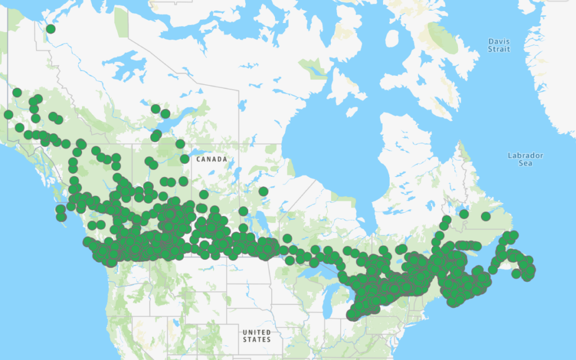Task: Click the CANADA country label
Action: (212, 159)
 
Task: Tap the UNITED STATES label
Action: (256, 336)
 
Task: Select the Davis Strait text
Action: (499, 46)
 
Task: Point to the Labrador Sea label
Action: (525, 159)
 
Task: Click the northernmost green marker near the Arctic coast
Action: (51, 29)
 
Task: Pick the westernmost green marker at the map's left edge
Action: (8, 115)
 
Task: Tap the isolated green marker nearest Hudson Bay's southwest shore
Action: (263, 191)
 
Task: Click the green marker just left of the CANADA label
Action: (184, 159)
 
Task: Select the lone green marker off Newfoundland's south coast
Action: (516, 273)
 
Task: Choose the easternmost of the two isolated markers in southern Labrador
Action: (485, 217)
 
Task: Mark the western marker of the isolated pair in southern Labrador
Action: (463, 214)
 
